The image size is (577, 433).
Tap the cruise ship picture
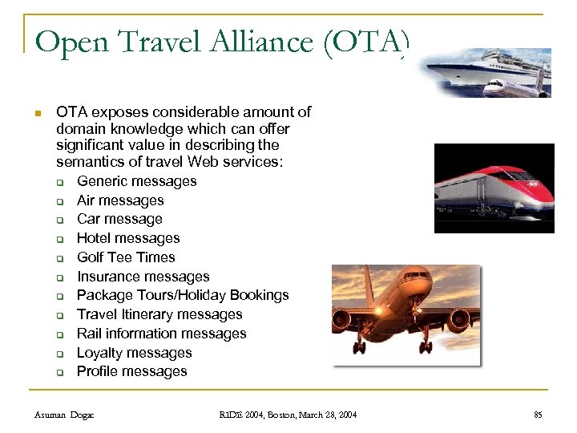[488, 72]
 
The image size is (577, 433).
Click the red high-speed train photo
[494, 188]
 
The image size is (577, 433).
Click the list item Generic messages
[136, 181]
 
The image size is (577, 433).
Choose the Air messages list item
[120, 200]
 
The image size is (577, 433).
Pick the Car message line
[119, 219]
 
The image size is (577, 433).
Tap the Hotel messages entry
[128, 238]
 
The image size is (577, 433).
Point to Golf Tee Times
[126, 257]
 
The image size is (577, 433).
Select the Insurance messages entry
[143, 277]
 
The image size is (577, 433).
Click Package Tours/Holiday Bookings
[183, 295]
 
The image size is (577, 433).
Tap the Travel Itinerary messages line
[159, 314]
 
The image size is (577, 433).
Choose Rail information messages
[161, 334]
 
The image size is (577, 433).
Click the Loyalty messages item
[134, 353]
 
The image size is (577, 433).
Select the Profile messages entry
[131, 371]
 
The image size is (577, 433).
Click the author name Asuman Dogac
[64, 415]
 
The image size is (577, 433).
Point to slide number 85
[538, 415]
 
